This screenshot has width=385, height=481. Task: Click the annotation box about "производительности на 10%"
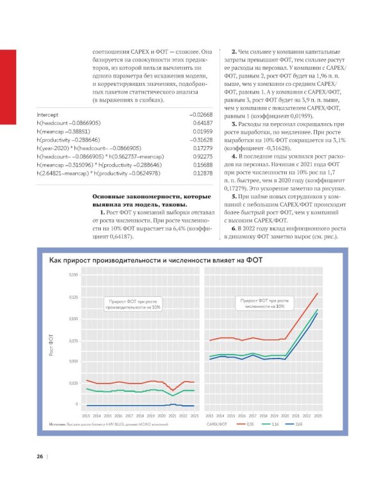134,304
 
